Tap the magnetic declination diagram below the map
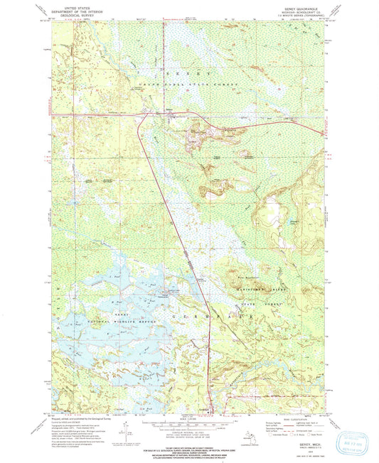click(x=125, y=430)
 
